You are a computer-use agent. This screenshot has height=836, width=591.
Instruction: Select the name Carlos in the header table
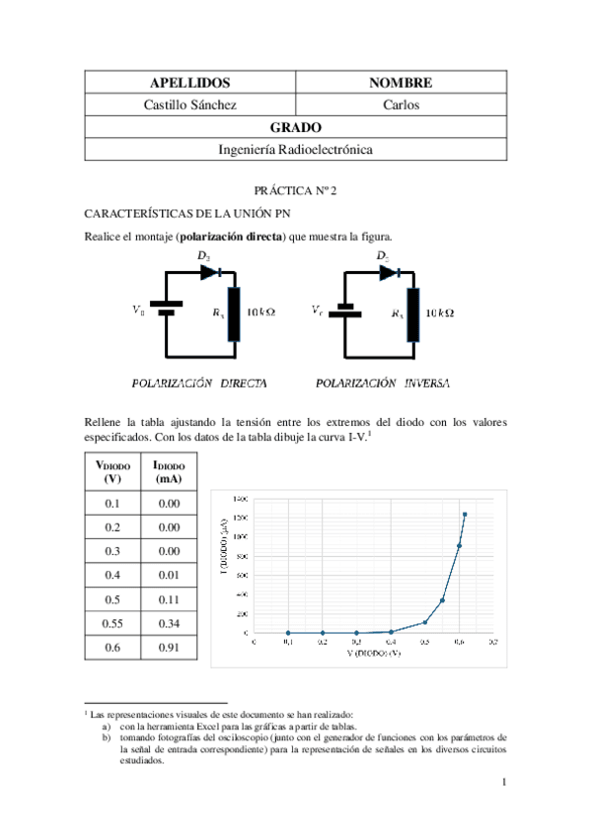[401, 104]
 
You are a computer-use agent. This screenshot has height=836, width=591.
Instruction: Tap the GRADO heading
[296, 127]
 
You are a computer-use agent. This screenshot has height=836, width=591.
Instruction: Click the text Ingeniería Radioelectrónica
[296, 150]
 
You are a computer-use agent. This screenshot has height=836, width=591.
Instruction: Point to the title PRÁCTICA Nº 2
[295, 189]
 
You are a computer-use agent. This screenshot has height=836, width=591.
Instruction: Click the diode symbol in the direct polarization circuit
[209, 271]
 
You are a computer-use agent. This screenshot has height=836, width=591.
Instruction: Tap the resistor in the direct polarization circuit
[234, 313]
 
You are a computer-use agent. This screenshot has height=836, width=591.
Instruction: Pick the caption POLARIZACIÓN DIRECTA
[200, 381]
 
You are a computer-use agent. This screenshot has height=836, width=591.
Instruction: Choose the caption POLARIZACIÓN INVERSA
[383, 381]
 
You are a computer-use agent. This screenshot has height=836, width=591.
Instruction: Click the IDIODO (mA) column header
[168, 471]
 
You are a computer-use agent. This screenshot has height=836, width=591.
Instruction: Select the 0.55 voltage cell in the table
[113, 623]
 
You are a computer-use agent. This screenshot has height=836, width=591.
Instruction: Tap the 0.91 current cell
[168, 648]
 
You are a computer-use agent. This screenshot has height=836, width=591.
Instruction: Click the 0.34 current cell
[168, 623]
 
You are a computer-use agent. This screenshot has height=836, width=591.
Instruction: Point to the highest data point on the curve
[465, 515]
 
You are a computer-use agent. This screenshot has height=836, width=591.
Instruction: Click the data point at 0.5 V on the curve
[425, 622]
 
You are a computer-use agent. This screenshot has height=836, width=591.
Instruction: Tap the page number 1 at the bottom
[503, 784]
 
